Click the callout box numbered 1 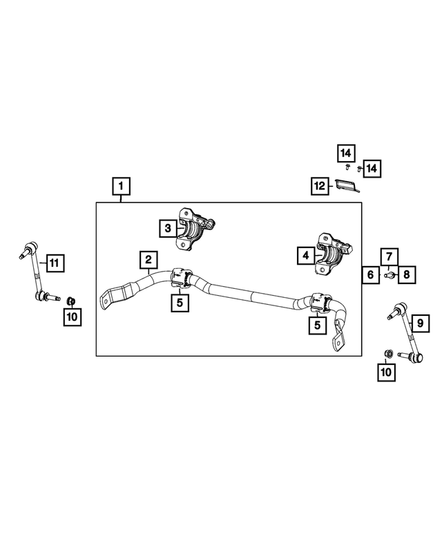pos(121,186)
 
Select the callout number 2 pos(148,261)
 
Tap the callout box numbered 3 pos(166,227)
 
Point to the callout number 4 pos(305,256)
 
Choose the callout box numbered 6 pos(370,275)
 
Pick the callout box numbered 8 pos(406,275)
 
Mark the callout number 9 pos(419,321)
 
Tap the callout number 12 pos(318,185)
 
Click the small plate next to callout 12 pos(346,185)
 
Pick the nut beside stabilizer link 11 pos(70,300)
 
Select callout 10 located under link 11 pos(73,317)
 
